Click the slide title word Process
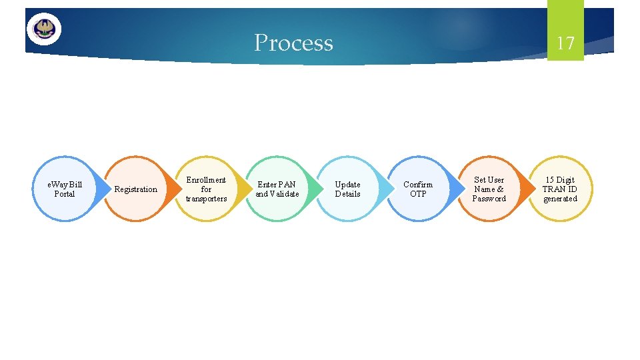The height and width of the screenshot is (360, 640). click(293, 43)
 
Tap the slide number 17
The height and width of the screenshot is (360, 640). click(565, 43)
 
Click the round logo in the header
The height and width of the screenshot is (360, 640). click(44, 29)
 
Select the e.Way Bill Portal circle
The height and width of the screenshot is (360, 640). click(65, 189)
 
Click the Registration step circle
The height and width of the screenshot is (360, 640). click(135, 189)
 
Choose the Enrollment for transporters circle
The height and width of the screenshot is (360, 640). click(206, 189)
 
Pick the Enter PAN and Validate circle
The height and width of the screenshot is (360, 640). click(277, 189)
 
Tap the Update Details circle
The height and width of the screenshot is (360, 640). click(347, 189)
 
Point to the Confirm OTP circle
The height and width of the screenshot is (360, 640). click(418, 189)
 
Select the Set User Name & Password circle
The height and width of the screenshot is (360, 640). click(489, 189)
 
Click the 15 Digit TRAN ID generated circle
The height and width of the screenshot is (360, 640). click(560, 189)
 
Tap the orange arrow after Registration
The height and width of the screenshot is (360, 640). click(173, 189)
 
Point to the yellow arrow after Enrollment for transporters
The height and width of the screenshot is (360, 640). click(244, 189)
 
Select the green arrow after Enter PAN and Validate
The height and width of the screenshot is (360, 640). click(315, 189)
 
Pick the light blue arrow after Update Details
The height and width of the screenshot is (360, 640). click(385, 189)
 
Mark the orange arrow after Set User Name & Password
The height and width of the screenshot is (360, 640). click(527, 189)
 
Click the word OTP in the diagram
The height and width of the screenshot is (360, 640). click(418, 194)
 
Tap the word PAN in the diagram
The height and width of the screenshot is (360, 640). click(287, 184)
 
